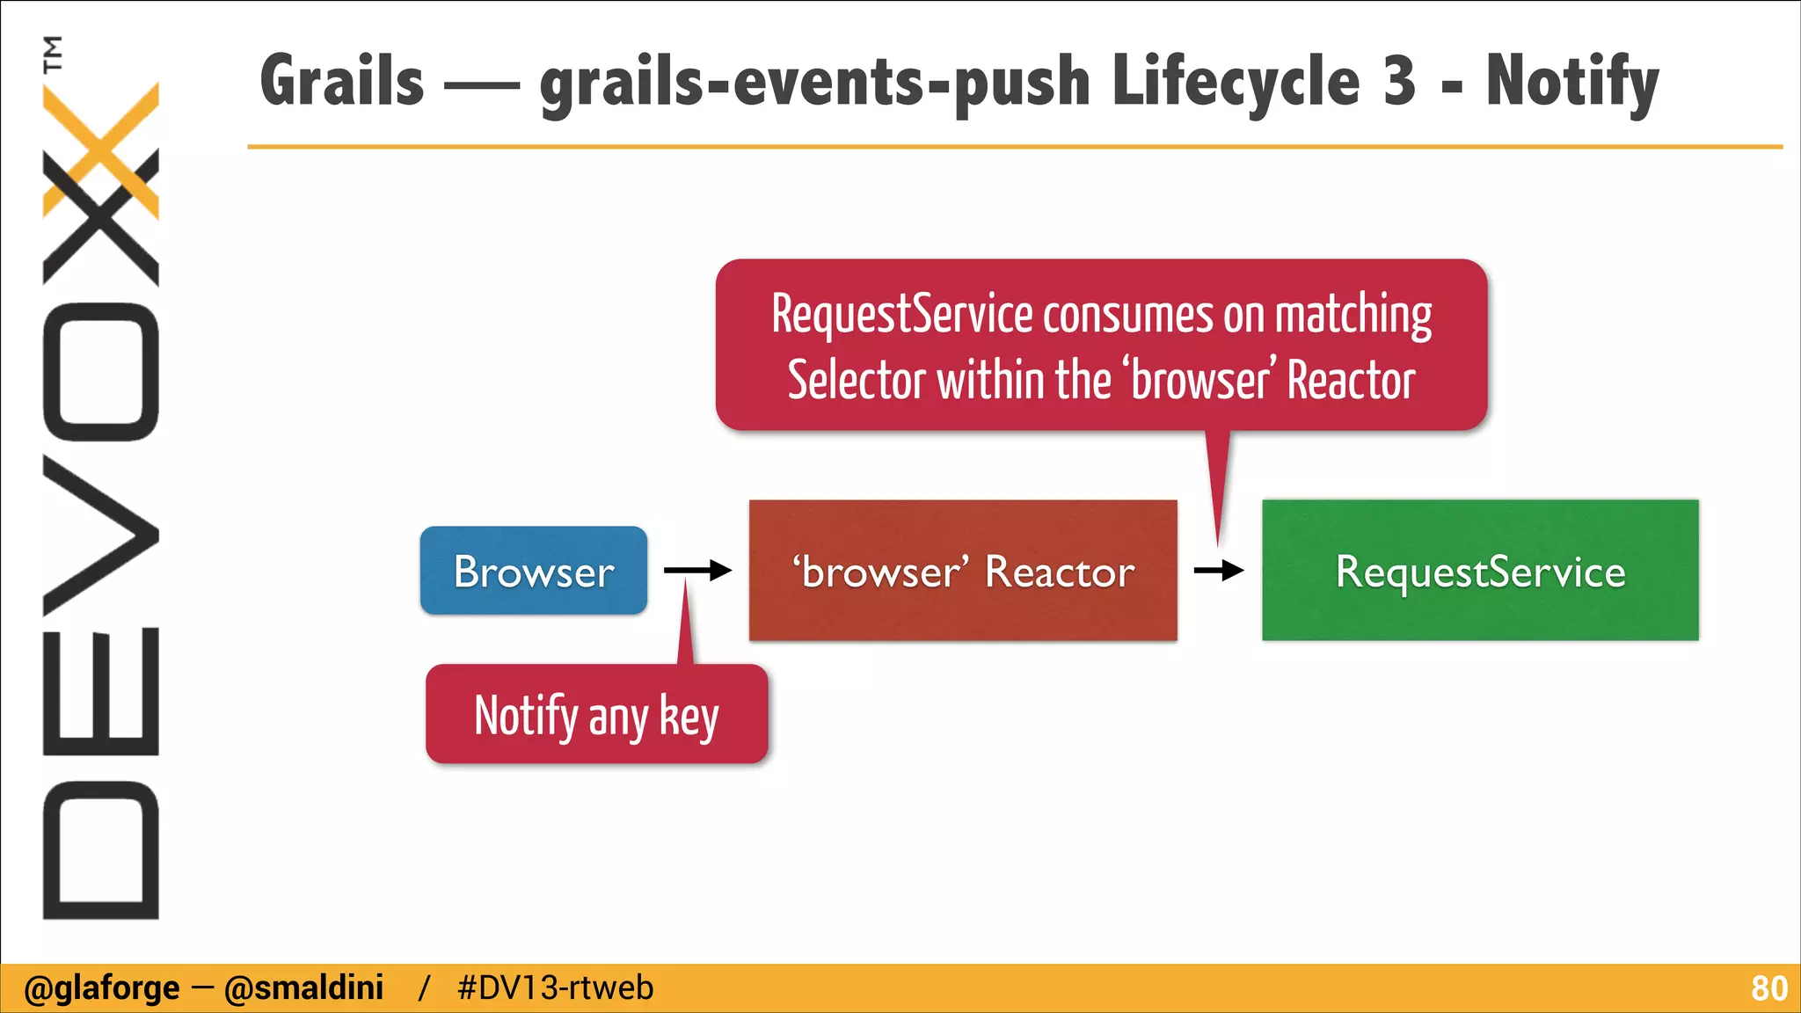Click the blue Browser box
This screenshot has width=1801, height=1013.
click(x=533, y=571)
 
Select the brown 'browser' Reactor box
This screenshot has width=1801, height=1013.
click(x=963, y=571)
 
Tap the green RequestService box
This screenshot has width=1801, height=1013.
click(x=1480, y=571)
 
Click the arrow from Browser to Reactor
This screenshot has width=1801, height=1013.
click(x=697, y=571)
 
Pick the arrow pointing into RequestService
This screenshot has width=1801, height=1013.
click(x=1219, y=571)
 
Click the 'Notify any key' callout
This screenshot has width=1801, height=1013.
click(x=596, y=715)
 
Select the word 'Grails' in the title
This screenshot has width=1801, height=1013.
click(x=342, y=81)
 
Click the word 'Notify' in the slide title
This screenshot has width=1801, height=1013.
click(x=1571, y=81)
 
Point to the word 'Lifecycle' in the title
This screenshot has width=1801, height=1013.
click(x=1236, y=81)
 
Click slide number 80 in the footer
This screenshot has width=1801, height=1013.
click(x=1768, y=988)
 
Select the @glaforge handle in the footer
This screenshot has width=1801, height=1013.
click(x=101, y=988)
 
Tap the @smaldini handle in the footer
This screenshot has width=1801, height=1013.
click(x=303, y=988)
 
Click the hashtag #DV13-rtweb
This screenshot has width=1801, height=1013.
click(x=555, y=988)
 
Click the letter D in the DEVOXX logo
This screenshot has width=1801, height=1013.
click(x=100, y=849)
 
